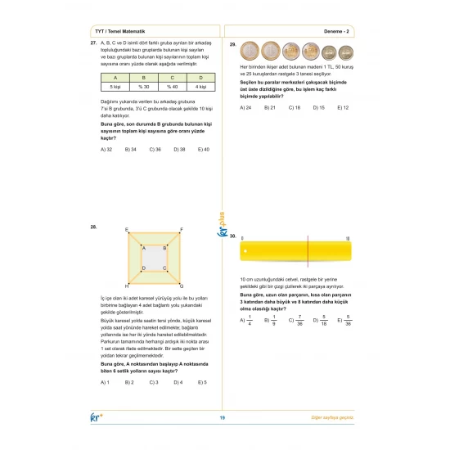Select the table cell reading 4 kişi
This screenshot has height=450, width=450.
click(201, 86)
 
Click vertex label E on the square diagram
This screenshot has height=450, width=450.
click(126, 230)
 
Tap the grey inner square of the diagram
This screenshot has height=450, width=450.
click(154, 258)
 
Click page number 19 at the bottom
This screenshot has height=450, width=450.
click(223, 419)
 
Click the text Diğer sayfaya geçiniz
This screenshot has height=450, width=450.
click(336, 419)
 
